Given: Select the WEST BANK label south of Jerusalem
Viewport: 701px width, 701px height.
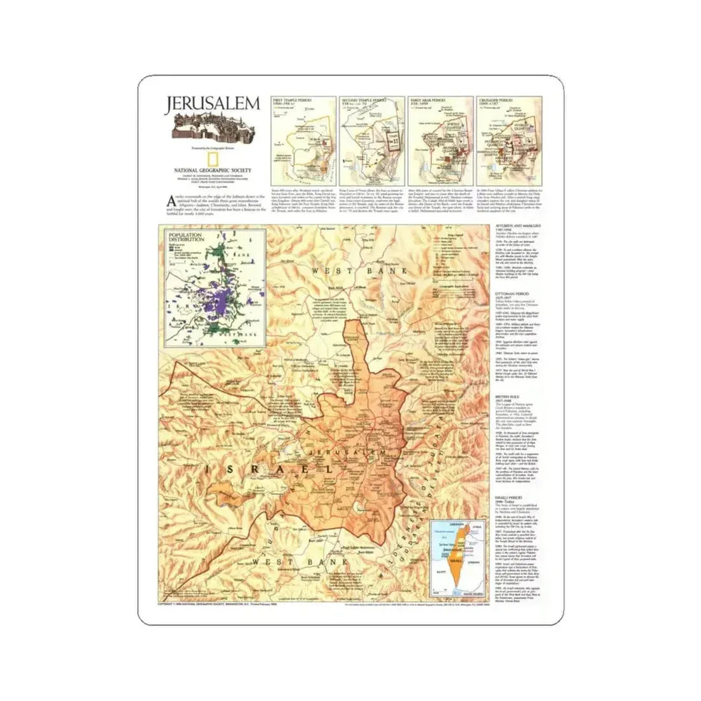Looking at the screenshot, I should pyautogui.click(x=300, y=562).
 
